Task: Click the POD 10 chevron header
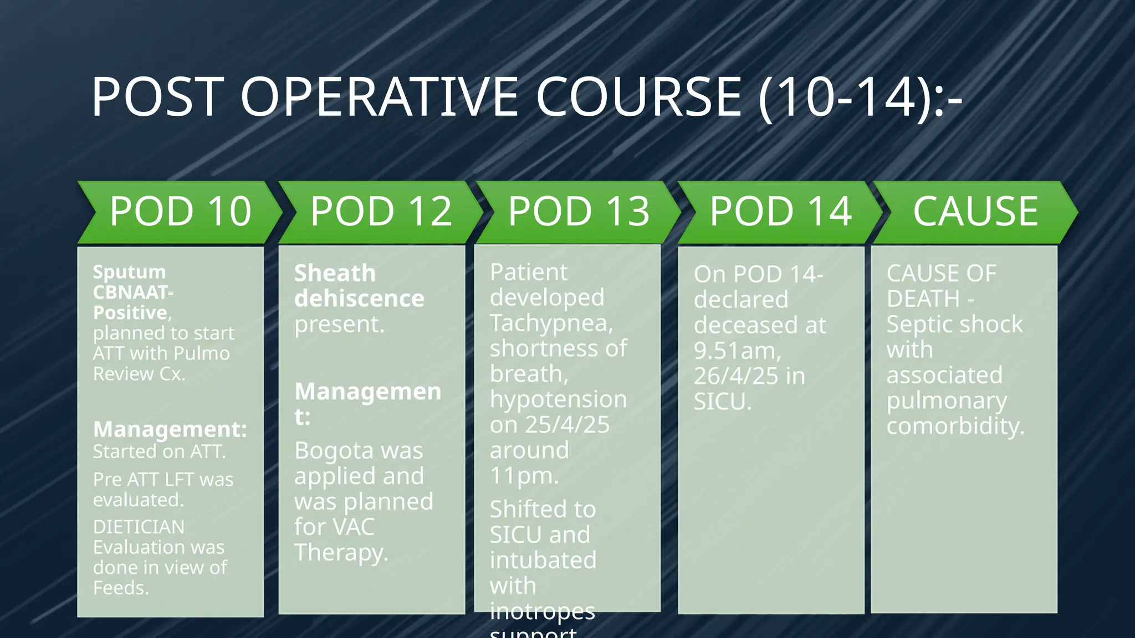[180, 212]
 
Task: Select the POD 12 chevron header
[381, 212]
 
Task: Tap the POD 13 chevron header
[579, 212]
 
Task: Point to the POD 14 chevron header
[780, 212]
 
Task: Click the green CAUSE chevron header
[975, 212]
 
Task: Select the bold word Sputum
[129, 272]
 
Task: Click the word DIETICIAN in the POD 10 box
[139, 527]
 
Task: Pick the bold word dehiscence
[359, 299]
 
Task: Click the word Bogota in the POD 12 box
[326, 451]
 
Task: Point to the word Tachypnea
[551, 323]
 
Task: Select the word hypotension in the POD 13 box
[558, 399]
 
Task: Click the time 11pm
[524, 476]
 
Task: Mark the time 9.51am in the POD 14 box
[737, 351]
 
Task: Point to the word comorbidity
[955, 426]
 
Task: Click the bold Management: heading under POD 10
[170, 429]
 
